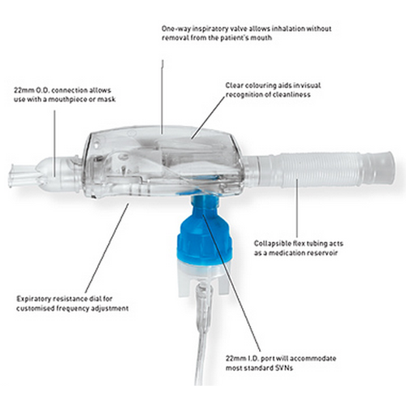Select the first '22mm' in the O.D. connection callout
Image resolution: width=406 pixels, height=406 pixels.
click(23, 90)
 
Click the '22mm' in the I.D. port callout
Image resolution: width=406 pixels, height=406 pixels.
click(235, 359)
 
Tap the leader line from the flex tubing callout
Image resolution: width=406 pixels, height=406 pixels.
click(296, 209)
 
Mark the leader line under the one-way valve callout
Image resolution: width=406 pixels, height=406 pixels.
click(162, 97)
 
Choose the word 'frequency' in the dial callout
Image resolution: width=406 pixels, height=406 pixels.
click(71, 309)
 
